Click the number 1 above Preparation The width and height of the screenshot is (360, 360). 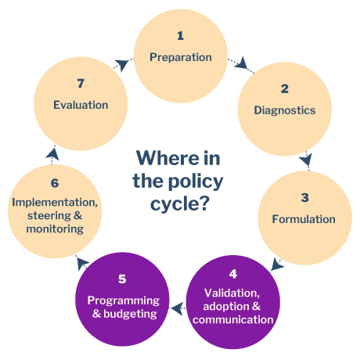[x=180, y=36]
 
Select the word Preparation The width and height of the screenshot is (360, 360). [x=181, y=57]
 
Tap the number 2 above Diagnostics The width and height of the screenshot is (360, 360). [x=285, y=88]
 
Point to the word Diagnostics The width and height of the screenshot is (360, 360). [x=285, y=110]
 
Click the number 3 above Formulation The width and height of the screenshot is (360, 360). [x=304, y=197]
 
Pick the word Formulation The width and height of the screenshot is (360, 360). [x=304, y=219]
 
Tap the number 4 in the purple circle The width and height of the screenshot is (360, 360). [x=233, y=274]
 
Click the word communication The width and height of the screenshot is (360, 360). [x=233, y=319]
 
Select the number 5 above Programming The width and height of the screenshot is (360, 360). [x=122, y=279]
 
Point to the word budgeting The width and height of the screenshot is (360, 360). [x=130, y=314]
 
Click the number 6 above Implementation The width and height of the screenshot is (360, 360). [x=55, y=183]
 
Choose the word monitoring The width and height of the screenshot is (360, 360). [x=55, y=229]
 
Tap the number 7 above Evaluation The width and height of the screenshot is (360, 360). [x=81, y=84]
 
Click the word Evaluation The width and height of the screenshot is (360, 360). [x=81, y=105]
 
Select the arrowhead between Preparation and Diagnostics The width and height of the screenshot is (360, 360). [x=241, y=63]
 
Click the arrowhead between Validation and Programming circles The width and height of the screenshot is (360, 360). [x=177, y=308]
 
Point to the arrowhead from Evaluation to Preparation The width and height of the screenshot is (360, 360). [x=122, y=65]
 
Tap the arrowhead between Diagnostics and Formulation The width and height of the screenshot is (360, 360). [x=306, y=160]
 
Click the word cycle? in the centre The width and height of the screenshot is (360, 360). [x=180, y=203]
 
